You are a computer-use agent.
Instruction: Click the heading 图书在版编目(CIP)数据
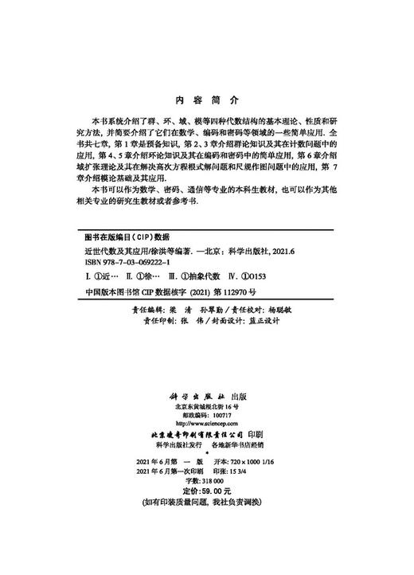tap(122, 237)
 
